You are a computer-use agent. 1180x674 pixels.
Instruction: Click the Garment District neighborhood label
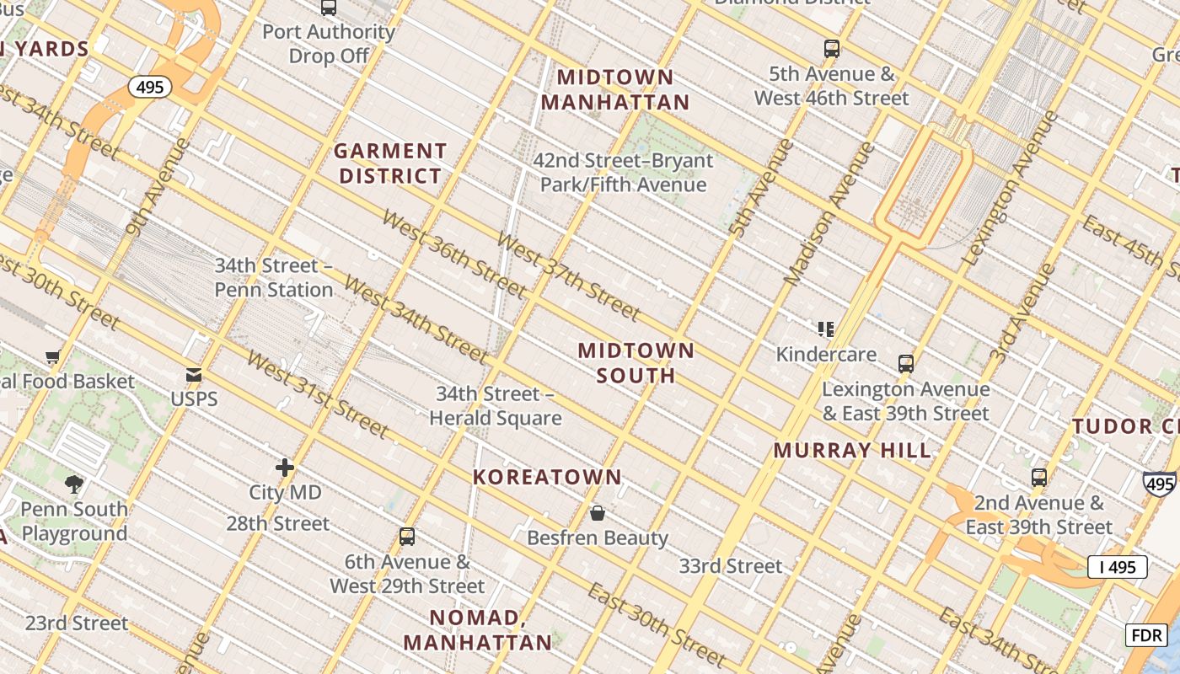[x=389, y=163]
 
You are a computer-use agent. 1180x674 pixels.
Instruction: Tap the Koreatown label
[x=547, y=477]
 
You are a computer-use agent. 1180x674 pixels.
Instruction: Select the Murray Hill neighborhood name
[x=852, y=450]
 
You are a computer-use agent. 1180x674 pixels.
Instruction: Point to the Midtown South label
[x=636, y=363]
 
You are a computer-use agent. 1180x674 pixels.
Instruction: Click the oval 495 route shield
[x=150, y=87]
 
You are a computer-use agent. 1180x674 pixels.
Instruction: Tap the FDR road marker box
[x=1145, y=634]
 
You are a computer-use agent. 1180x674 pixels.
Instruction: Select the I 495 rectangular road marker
[x=1117, y=567]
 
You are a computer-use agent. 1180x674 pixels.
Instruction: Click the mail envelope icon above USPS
[x=194, y=375]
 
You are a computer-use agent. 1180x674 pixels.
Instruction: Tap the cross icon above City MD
[x=285, y=467]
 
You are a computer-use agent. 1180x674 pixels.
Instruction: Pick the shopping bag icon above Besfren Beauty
[x=598, y=512]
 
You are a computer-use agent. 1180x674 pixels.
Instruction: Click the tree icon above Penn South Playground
[x=74, y=484]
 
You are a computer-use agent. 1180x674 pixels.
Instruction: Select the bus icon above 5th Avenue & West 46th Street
[x=832, y=49]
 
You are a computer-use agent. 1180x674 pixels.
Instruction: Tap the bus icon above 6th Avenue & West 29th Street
[x=407, y=536]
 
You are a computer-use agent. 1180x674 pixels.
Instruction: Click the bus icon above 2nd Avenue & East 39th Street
[x=1039, y=478]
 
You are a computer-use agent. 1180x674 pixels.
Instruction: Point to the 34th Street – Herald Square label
[x=496, y=406]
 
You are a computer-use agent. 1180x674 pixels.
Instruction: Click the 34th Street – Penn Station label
[x=274, y=277]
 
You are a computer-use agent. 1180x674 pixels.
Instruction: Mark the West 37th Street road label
[x=569, y=275]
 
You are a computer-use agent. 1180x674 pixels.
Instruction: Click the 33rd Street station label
[x=731, y=566]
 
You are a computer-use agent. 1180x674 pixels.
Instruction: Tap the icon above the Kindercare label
[x=826, y=329]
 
